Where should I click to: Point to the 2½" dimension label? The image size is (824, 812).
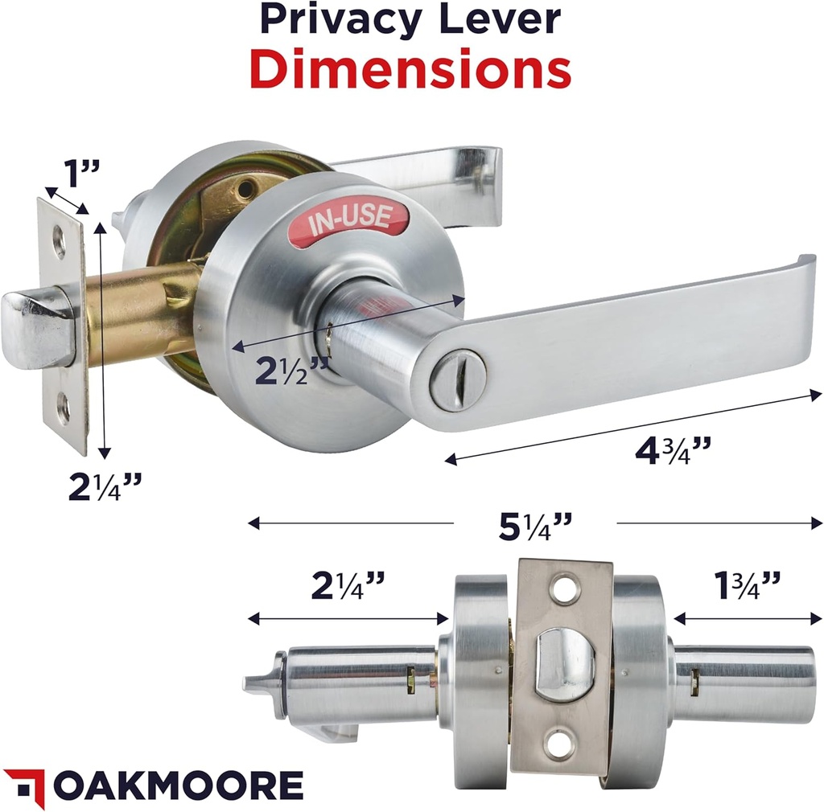(x=291, y=371)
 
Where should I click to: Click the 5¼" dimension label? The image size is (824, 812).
(x=534, y=527)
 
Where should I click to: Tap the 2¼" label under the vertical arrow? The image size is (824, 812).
(x=105, y=486)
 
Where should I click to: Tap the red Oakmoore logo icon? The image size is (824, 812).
(x=23, y=786)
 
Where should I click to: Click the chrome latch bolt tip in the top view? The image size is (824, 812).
(x=27, y=329)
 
